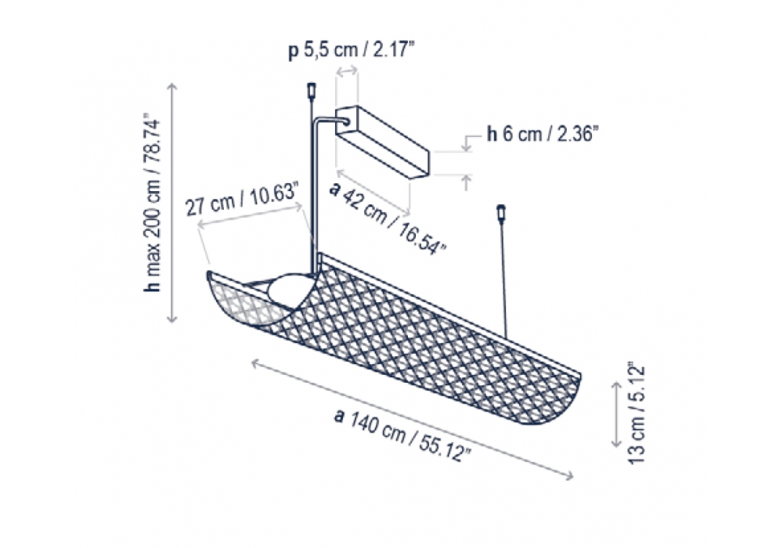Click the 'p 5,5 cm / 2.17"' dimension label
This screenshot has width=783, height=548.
[352, 50]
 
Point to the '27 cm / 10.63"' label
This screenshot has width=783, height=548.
[242, 200]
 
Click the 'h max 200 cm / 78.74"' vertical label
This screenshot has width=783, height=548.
[152, 204]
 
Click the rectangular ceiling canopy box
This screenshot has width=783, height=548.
[383, 141]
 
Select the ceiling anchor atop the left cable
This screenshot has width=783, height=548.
[311, 90]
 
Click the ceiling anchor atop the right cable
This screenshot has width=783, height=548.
[501, 213]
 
